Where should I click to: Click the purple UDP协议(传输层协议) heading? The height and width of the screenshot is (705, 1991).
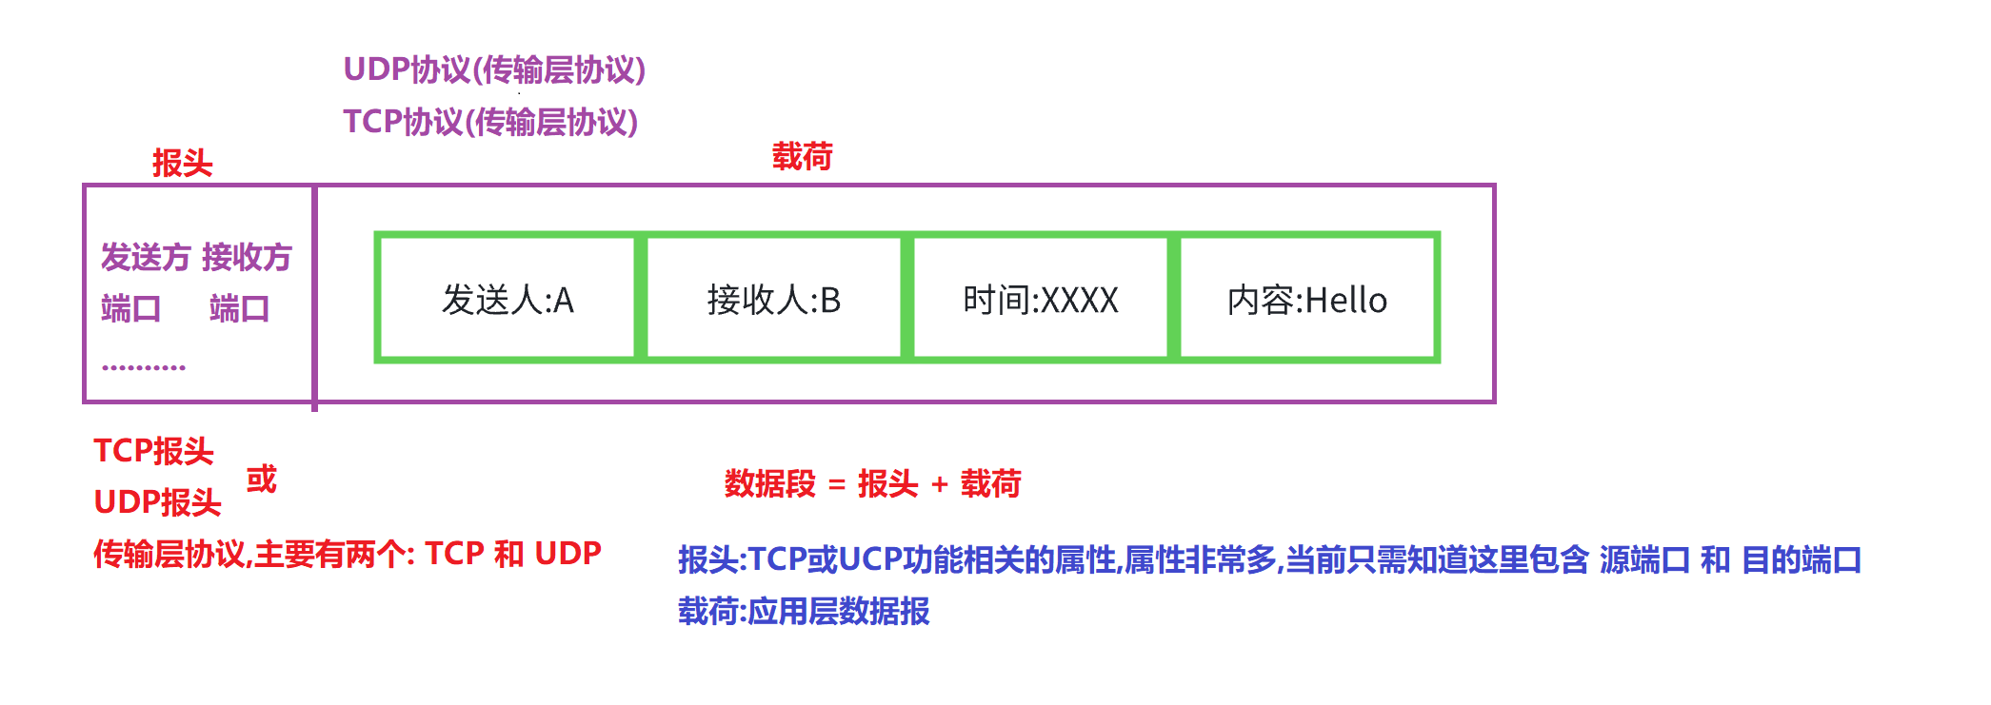[494, 69]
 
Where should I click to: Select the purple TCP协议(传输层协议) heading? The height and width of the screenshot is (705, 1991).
[490, 122]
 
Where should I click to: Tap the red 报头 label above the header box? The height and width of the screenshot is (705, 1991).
[182, 163]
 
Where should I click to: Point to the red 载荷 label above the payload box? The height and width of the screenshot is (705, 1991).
[802, 156]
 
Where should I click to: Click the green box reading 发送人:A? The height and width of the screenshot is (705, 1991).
[507, 299]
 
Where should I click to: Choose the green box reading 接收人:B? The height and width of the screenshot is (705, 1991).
[773, 299]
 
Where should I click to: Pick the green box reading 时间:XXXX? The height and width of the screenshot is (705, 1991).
[1040, 299]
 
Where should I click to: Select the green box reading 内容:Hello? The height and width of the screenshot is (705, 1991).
[1307, 299]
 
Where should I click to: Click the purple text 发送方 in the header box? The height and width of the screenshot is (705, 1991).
[146, 257]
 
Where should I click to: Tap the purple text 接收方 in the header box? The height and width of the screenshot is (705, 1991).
[247, 257]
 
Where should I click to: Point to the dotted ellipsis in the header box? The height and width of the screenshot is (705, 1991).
[144, 366]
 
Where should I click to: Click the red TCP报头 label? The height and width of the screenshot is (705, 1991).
[153, 451]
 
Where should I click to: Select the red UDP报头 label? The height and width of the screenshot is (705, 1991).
[157, 502]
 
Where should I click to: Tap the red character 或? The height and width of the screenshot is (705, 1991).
[261, 479]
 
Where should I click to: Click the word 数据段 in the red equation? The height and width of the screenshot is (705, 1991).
[769, 484]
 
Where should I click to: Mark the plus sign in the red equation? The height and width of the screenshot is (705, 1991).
[939, 485]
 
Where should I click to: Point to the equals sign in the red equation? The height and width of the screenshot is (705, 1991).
[837, 485]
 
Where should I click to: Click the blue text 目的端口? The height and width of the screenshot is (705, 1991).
[1801, 559]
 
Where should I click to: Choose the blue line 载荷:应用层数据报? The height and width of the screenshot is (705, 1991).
[803, 611]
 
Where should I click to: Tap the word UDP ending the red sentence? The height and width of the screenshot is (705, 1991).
[567, 553]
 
